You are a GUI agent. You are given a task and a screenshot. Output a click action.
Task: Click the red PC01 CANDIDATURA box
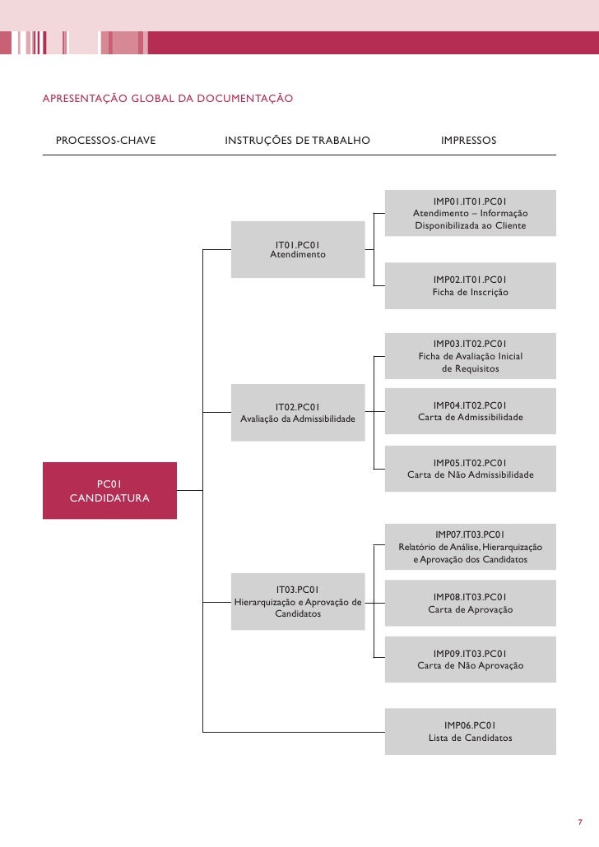click(x=109, y=490)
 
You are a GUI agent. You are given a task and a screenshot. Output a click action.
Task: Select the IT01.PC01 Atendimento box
click(x=298, y=249)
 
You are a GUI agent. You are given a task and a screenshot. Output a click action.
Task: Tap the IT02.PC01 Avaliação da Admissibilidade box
click(x=298, y=412)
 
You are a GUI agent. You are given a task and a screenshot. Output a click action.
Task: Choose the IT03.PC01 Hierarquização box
click(x=298, y=601)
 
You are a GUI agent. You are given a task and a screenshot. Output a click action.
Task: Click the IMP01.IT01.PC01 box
click(x=470, y=213)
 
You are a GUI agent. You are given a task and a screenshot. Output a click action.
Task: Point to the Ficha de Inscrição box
click(x=470, y=285)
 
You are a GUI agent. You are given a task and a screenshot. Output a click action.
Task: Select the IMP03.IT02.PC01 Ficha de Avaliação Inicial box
click(x=470, y=355)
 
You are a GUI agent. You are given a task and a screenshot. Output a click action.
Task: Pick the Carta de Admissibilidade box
click(x=470, y=411)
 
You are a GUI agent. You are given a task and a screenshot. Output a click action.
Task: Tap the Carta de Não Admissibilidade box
click(x=470, y=468)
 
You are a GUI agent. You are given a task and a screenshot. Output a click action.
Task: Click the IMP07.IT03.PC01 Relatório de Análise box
click(x=470, y=547)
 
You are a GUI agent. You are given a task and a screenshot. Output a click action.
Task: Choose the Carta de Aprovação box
click(x=470, y=603)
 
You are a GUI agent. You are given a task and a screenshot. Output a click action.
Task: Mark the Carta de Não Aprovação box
click(x=470, y=659)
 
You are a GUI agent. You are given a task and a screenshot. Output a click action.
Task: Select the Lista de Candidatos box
click(x=470, y=731)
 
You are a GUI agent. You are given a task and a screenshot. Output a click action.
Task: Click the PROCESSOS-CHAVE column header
click(x=105, y=141)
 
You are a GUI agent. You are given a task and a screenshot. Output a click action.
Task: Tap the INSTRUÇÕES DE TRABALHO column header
click(x=297, y=141)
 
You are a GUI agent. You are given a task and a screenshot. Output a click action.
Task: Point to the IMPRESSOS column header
click(x=469, y=141)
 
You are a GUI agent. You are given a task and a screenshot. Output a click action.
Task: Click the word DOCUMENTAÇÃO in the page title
click(x=245, y=100)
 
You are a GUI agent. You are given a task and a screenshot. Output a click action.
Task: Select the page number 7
click(x=579, y=822)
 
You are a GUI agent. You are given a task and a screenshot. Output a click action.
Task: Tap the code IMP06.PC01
click(x=470, y=724)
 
